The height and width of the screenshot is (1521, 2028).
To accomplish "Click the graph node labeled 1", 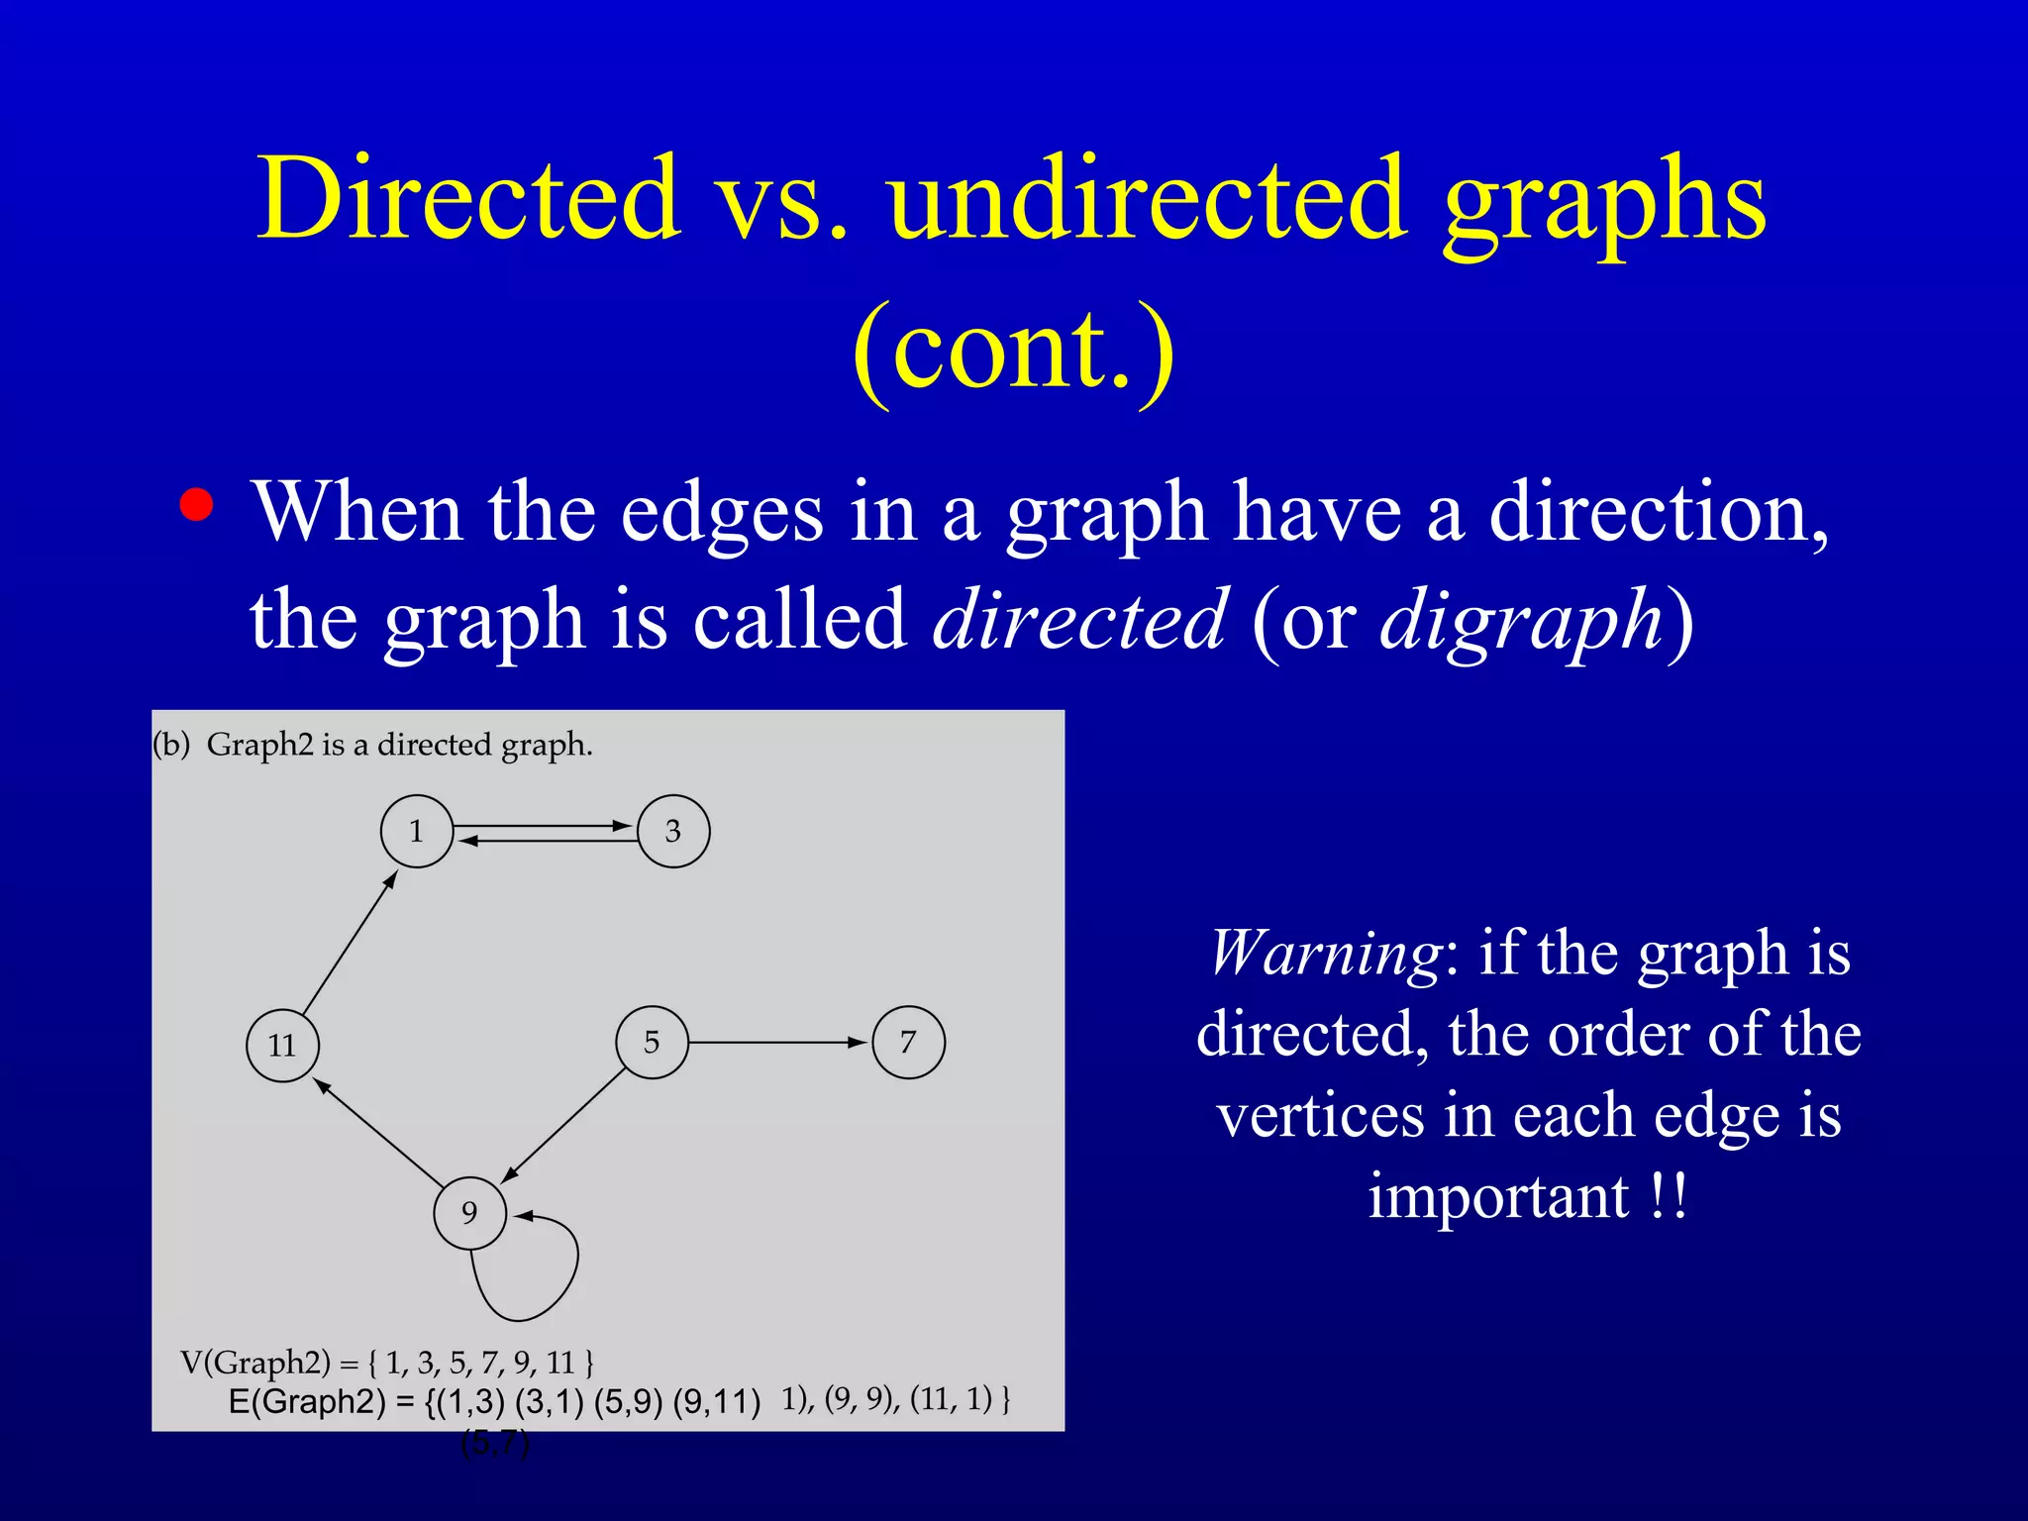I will [417, 831].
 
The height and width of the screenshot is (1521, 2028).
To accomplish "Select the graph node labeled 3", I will [673, 831].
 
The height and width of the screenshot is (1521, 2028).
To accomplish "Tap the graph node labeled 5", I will [652, 1042].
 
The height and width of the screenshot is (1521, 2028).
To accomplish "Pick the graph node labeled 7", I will [908, 1042].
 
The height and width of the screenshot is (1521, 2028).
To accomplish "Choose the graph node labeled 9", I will [469, 1212].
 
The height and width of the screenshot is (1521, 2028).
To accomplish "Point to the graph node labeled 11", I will [282, 1046].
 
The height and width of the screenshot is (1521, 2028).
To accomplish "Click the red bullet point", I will [196, 505].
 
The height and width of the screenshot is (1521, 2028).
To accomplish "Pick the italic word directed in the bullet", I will [1079, 620].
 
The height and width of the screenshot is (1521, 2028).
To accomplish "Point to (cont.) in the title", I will [1013, 349].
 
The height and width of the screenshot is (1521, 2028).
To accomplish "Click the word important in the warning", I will [1498, 1196].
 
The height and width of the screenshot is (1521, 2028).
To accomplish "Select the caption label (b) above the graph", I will [171, 745].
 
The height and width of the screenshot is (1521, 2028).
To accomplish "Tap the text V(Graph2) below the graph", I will [255, 1363].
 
